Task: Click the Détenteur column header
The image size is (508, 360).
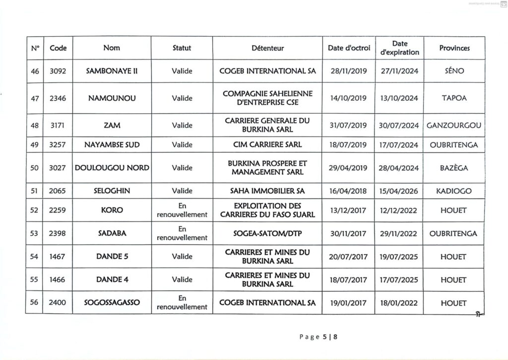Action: coord(267,48)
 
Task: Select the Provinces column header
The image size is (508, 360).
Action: coord(454,48)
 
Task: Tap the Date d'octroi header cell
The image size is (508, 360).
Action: coord(349,48)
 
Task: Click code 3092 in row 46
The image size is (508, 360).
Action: coord(58,71)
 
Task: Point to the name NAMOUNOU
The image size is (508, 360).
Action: coord(112,98)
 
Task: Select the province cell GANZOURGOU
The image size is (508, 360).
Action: coord(454,126)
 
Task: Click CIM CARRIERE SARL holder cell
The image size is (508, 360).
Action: coord(267,144)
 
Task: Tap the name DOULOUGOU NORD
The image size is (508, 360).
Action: coord(112,168)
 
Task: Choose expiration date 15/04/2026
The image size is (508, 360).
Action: coord(399,191)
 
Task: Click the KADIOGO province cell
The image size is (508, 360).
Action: coord(454,191)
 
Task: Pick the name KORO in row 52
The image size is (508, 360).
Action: coord(112,210)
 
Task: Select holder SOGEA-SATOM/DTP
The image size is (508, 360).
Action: coord(267,233)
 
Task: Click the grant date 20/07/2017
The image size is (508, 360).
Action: coord(349,257)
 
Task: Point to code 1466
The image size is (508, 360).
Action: coord(58,280)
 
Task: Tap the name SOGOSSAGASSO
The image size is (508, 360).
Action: coord(112,303)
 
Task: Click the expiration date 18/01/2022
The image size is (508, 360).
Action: coord(399,303)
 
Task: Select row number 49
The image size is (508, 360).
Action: coord(35,144)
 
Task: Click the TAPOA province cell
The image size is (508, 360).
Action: coord(454,98)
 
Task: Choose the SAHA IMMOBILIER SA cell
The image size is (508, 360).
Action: coord(267,191)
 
